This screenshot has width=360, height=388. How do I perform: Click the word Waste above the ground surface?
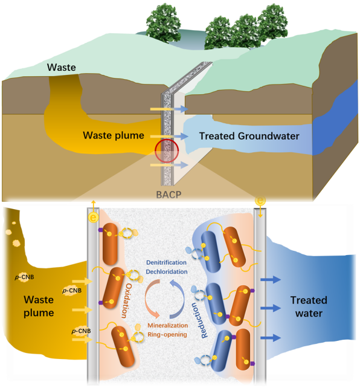tap(62, 67)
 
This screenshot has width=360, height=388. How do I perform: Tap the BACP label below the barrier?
tap(169, 195)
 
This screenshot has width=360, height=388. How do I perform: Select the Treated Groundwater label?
tap(249, 136)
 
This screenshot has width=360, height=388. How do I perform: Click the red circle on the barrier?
tap(167, 150)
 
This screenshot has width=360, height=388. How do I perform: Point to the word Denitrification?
tap(166, 262)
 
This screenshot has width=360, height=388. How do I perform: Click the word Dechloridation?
tap(167, 272)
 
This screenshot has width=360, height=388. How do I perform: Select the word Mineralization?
tap(168, 325)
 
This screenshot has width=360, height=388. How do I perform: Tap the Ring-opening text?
tap(167, 335)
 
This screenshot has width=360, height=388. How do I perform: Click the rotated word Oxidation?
tap(128, 300)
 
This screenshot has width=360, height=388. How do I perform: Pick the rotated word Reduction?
tap(199, 320)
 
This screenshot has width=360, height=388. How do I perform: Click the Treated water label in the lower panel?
tap(309, 306)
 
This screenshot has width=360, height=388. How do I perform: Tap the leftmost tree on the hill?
tap(164, 22)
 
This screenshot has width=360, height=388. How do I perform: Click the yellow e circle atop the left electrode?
tap(94, 218)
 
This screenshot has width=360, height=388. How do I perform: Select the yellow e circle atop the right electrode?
tap(260, 201)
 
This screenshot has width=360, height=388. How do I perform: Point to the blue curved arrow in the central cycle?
tap(180, 299)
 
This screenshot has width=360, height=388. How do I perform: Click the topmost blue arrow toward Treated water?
tap(271, 280)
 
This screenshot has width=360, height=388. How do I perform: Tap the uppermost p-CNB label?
tap(25, 277)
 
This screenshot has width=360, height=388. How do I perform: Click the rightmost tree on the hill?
tap(272, 22)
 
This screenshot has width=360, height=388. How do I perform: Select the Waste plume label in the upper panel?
tap(114, 135)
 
